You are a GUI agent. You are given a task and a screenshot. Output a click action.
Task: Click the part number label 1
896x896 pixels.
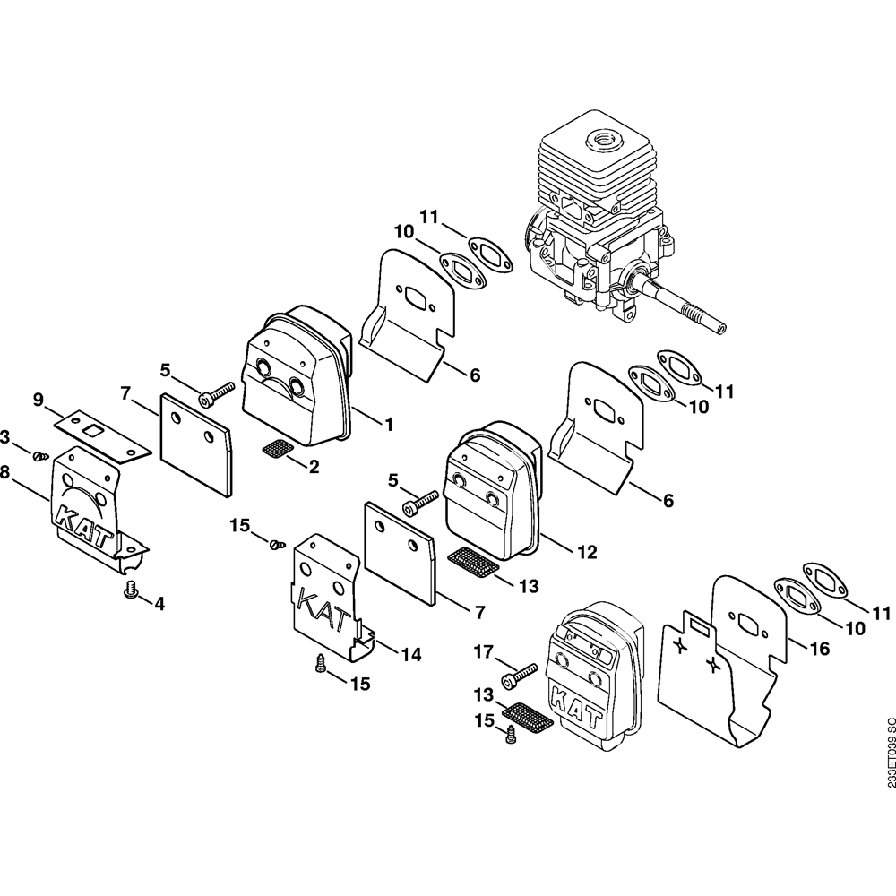tap(389, 424)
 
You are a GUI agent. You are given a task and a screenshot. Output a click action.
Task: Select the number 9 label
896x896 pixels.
tap(38, 400)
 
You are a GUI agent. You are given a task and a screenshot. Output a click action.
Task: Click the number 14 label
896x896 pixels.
tap(410, 655)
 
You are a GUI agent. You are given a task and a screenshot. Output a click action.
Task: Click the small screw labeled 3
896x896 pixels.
tap(39, 456)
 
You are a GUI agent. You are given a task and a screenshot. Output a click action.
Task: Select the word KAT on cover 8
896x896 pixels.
tap(83, 526)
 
